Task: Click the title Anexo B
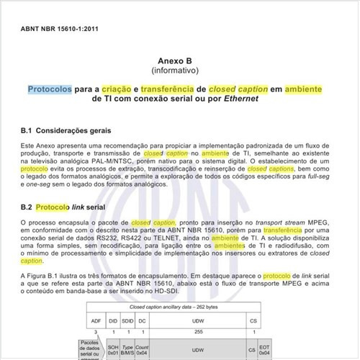[x=179, y=63]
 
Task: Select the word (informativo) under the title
[x=179, y=73]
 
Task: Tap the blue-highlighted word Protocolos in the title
[x=50, y=90]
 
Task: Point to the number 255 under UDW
[x=197, y=332]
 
